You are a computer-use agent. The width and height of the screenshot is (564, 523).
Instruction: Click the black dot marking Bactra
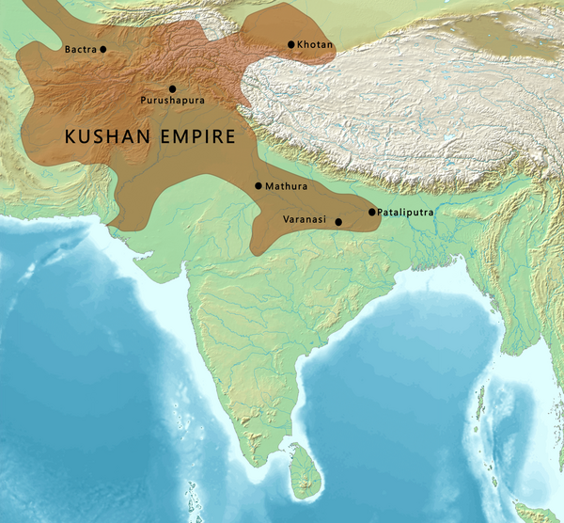click(102, 49)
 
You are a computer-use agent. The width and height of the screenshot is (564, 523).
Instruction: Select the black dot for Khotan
click(291, 44)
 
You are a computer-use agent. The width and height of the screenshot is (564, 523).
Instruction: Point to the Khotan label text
click(314, 44)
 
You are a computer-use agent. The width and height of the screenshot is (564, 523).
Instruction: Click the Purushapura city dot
click(172, 88)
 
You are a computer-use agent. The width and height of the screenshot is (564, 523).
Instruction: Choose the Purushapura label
click(172, 100)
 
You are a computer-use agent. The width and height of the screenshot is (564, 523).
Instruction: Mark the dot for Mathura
click(258, 186)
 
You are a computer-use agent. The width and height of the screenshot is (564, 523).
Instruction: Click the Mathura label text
click(287, 187)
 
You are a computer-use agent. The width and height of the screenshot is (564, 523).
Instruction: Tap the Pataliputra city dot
click(372, 212)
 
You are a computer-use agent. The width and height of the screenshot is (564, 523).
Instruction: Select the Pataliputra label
click(406, 213)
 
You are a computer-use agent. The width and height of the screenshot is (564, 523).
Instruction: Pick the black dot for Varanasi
click(338, 222)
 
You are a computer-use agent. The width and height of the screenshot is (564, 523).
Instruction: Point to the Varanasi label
click(305, 219)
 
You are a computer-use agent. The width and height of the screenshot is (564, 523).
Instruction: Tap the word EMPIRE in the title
click(191, 136)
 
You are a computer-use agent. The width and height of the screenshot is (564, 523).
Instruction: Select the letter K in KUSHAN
click(70, 136)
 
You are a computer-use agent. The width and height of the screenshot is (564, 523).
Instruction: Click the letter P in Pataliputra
click(381, 213)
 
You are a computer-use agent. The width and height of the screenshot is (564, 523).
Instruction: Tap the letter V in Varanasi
click(286, 219)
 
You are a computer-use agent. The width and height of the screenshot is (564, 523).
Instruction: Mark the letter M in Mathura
click(269, 187)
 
